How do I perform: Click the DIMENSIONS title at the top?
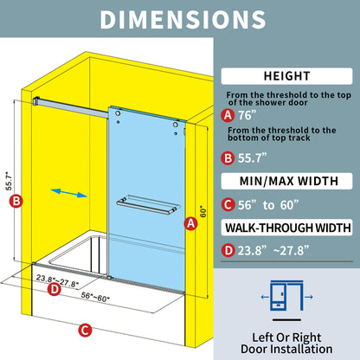(x=183, y=19)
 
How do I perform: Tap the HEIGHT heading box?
(x=286, y=76)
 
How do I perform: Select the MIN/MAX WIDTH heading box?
(x=286, y=181)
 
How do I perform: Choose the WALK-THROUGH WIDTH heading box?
(x=286, y=228)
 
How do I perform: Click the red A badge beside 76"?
(x=228, y=115)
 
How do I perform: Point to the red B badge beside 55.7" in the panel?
(x=228, y=158)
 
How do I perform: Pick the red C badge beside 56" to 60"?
(x=228, y=205)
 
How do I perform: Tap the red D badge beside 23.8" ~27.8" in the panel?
(x=228, y=250)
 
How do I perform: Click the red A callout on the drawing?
(x=191, y=223)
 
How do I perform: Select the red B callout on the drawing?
(x=16, y=201)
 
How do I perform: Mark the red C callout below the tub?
(x=85, y=331)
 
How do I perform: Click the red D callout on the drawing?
(x=55, y=289)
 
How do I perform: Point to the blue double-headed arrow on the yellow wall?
(x=68, y=193)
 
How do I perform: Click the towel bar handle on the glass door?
(x=148, y=205)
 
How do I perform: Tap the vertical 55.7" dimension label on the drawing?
(x=9, y=181)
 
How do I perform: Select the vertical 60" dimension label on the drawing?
(x=203, y=211)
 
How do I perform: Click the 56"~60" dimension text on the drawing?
(x=95, y=297)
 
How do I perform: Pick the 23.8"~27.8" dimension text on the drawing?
(x=57, y=280)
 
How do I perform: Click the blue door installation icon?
(x=286, y=295)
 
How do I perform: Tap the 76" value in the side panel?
(x=247, y=115)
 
